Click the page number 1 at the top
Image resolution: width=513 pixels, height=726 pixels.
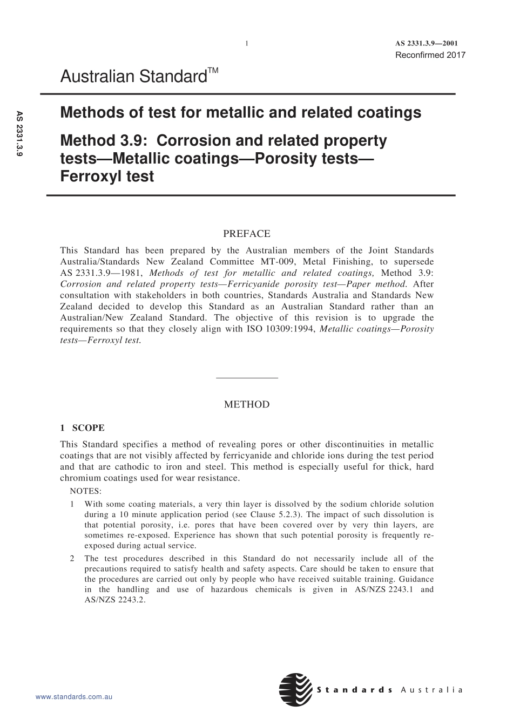[246, 44]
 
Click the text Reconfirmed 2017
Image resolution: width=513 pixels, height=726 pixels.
[430, 55]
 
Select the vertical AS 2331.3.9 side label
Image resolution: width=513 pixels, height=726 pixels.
[19, 134]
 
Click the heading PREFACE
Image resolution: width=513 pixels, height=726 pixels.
[246, 234]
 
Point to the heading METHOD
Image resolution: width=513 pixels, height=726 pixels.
[246, 404]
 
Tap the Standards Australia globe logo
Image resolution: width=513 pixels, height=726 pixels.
[295, 689]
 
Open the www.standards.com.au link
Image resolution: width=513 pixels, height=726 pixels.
[73, 697]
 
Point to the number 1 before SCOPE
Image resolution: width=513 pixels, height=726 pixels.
[63, 428]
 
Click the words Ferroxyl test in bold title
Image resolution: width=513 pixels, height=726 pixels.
[107, 177]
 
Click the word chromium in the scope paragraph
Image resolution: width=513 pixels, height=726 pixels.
[79, 478]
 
